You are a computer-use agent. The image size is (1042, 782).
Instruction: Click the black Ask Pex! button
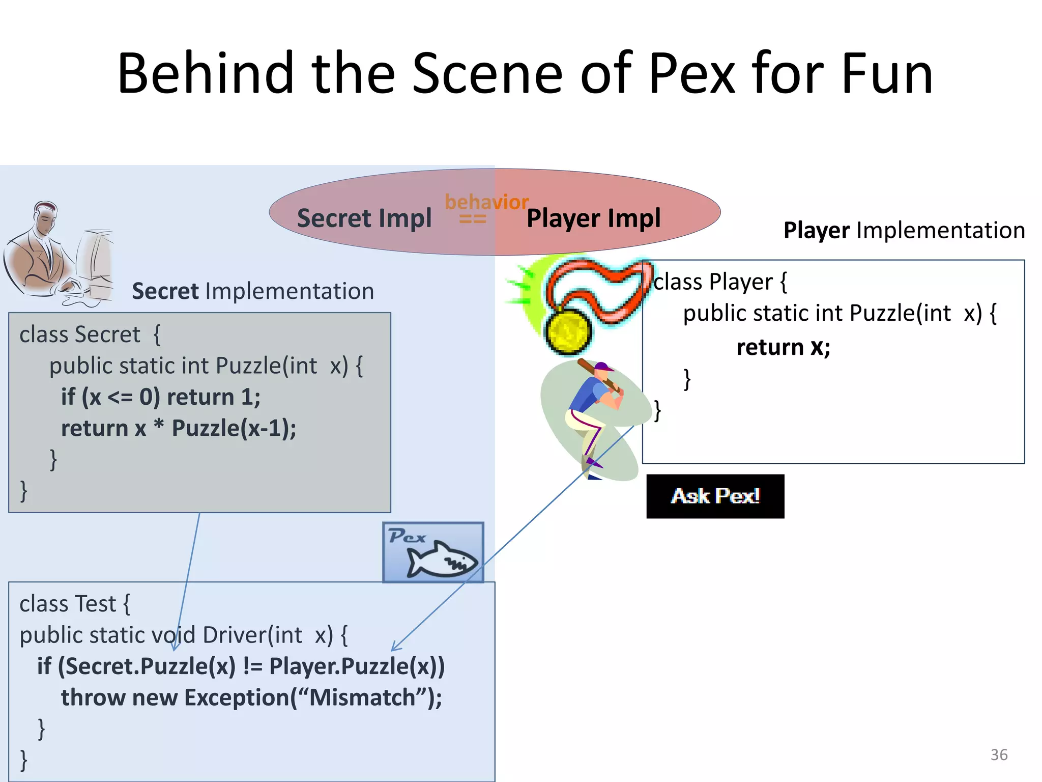[715, 496]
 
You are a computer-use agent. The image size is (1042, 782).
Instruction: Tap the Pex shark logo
[433, 552]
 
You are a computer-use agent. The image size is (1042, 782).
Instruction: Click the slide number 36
[999, 755]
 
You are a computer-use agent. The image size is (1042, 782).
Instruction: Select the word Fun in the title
[887, 74]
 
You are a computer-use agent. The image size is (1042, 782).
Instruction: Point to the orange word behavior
[486, 202]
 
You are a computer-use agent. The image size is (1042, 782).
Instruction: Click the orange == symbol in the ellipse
[473, 219]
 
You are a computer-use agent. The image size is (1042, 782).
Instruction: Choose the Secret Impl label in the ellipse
[364, 218]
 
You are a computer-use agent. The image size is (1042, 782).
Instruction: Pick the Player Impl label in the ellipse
[593, 218]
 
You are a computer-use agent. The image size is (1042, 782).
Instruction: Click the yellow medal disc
[568, 331]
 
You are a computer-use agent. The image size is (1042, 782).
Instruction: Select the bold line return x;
[783, 347]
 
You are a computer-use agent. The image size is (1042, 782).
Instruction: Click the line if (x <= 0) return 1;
[161, 397]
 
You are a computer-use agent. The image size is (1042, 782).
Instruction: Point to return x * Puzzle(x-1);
[179, 428]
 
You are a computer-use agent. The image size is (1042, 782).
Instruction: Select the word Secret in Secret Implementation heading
[165, 291]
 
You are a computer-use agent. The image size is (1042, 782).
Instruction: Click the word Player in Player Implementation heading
[816, 230]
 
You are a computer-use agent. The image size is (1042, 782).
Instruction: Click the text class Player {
[719, 282]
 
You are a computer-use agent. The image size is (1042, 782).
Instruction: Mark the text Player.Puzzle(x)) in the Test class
[357, 666]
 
